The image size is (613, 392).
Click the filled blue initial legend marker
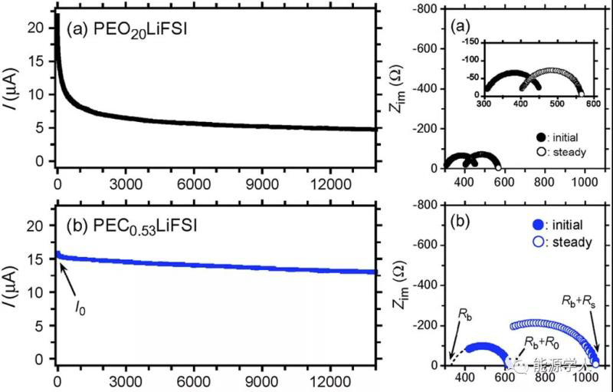(x=536, y=225)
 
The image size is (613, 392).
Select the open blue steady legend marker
(x=536, y=242)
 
